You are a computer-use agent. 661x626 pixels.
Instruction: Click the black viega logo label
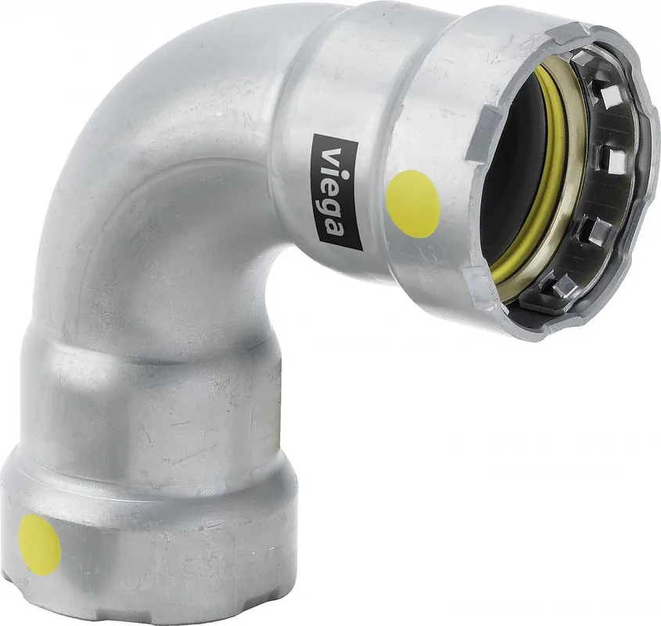point(336,192)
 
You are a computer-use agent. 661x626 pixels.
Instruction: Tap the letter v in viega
point(333,155)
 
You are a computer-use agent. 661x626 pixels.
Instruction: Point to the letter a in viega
point(337,228)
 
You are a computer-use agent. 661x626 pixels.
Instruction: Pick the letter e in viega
point(334,187)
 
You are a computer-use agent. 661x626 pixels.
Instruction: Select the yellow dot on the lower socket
point(40,545)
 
